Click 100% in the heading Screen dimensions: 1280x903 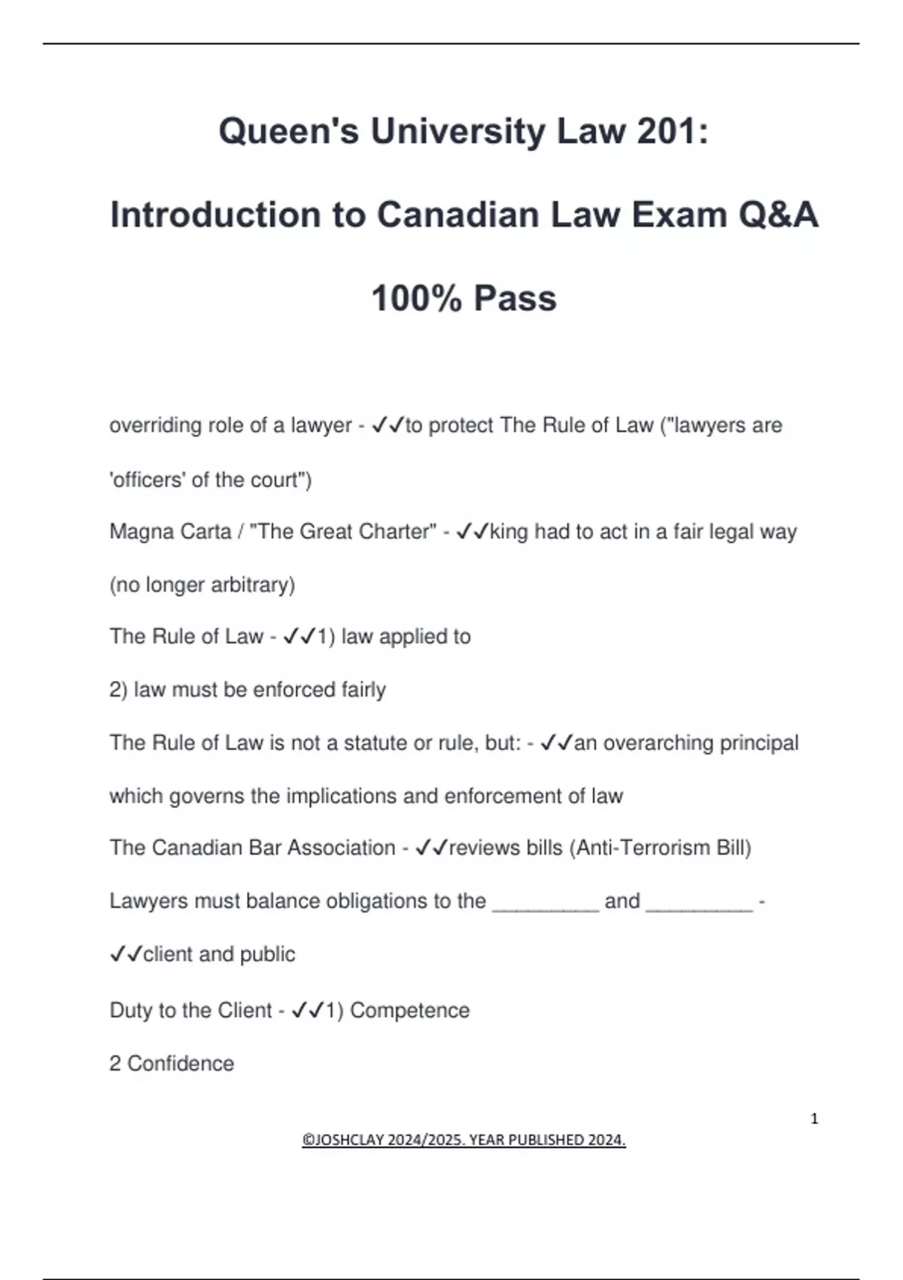point(416,298)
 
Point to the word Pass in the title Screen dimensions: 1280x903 point(515,298)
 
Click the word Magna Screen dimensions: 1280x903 point(139,532)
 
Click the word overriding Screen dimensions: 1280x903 point(155,426)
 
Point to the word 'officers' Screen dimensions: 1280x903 point(147,480)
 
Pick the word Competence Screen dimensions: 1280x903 point(409,1010)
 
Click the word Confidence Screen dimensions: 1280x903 point(181,1064)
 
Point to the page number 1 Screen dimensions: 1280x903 point(814,1119)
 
